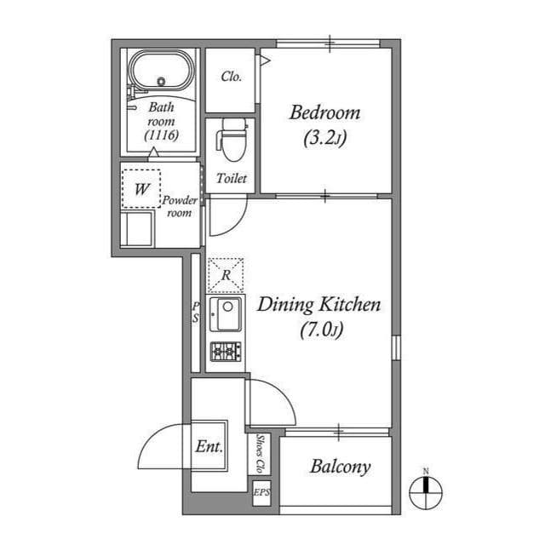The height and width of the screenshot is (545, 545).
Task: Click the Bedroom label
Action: click(x=324, y=113)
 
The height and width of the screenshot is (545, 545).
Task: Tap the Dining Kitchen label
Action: click(x=319, y=305)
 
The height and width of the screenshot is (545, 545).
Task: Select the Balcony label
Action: click(x=341, y=467)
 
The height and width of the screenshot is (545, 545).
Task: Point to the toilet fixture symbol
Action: click(x=232, y=140)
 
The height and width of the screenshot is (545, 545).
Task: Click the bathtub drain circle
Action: click(x=161, y=82)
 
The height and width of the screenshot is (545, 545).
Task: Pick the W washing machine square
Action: click(x=141, y=189)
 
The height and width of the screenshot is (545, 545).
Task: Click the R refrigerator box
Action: click(x=226, y=275)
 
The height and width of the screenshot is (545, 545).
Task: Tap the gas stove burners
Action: click(x=226, y=352)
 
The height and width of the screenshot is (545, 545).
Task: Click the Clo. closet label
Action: click(x=231, y=77)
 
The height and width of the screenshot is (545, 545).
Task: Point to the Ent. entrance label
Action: click(x=209, y=446)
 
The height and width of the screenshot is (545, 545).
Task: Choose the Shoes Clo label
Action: click(x=260, y=453)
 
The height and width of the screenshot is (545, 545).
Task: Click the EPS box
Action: click(x=261, y=493)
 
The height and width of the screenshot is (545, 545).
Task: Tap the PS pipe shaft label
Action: click(x=196, y=313)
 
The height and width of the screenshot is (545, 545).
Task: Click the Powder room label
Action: click(x=180, y=206)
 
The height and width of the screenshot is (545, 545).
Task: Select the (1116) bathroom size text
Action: click(x=162, y=135)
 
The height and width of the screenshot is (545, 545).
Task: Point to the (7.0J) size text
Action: click(x=322, y=330)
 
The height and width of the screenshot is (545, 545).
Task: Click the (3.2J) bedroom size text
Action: click(x=325, y=138)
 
